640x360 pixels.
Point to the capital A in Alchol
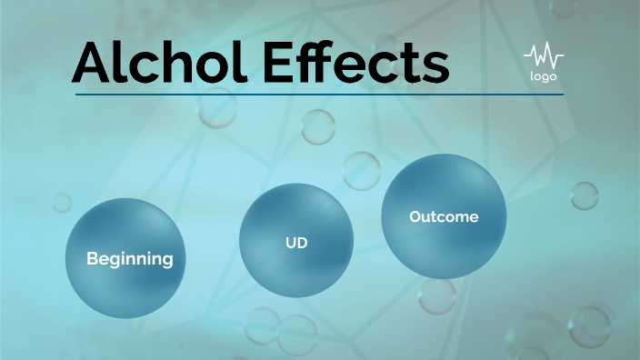click(95, 62)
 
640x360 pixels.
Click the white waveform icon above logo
click(543, 57)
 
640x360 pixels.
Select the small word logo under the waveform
click(543, 76)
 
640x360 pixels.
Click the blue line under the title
click(318, 95)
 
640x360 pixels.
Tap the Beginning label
click(129, 259)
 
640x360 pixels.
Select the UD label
click(295, 244)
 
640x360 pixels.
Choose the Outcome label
click(444, 216)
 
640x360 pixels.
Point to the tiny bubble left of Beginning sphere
click(62, 202)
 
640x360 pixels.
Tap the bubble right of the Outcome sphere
click(584, 195)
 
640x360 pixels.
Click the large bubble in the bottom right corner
click(589, 325)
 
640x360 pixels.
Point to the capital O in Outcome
click(415, 216)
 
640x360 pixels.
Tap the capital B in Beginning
click(92, 259)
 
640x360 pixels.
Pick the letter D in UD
click(301, 244)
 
